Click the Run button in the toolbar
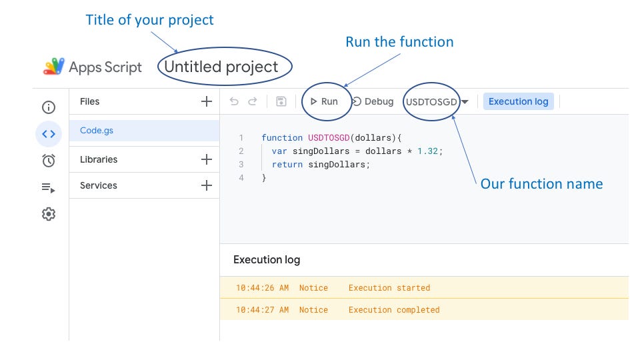(x=324, y=101)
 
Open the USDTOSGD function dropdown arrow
(x=465, y=102)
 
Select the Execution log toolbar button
(x=518, y=101)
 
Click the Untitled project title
(x=221, y=67)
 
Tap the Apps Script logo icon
(x=53, y=66)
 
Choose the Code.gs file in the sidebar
(x=97, y=131)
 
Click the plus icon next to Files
(x=207, y=101)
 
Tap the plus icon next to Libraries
(x=207, y=159)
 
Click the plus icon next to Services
(x=207, y=185)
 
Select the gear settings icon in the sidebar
(x=49, y=214)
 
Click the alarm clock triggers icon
(x=49, y=160)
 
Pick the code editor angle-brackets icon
(x=49, y=133)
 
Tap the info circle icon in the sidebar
(x=49, y=107)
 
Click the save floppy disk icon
(x=281, y=101)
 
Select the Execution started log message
(x=389, y=288)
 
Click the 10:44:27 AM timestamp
(x=262, y=310)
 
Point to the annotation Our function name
(x=541, y=184)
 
